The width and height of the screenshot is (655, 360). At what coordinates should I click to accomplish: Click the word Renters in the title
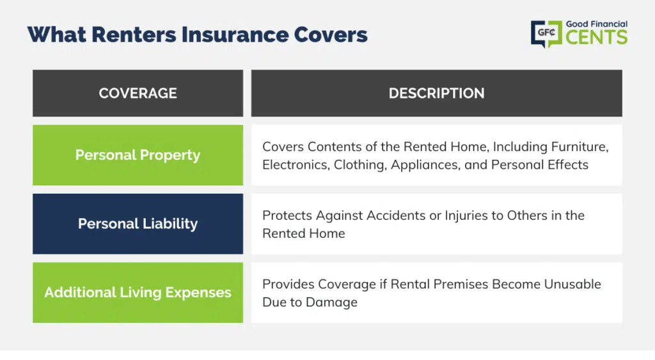(x=134, y=35)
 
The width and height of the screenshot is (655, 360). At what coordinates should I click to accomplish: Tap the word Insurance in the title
(x=235, y=35)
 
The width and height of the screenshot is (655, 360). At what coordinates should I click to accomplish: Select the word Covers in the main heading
(x=331, y=35)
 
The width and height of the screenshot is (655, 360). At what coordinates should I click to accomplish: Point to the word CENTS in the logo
(x=597, y=37)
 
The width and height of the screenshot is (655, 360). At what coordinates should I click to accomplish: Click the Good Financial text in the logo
(x=597, y=24)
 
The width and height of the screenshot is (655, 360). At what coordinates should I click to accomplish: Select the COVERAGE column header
(x=138, y=93)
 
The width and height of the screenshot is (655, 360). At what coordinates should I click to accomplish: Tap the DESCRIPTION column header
(x=436, y=93)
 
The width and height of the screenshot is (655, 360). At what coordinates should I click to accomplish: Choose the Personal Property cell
(x=138, y=155)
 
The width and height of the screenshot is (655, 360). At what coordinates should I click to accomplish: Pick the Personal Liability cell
(x=138, y=224)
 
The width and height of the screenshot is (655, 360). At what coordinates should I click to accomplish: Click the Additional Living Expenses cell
(x=138, y=292)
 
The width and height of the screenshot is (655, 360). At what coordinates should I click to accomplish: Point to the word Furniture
(x=580, y=147)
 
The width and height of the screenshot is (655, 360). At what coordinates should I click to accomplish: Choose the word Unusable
(x=572, y=285)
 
